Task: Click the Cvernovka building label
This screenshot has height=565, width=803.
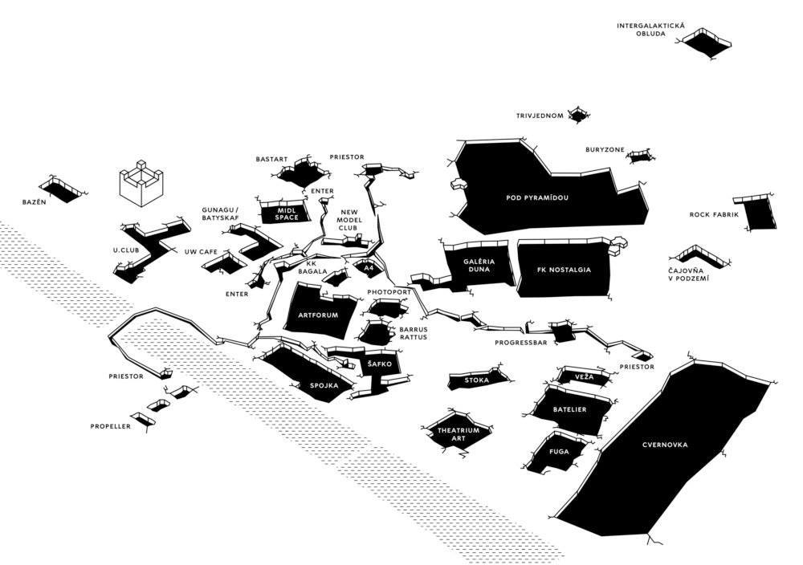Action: coord(665,445)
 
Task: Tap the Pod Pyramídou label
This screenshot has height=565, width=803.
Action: coord(542,197)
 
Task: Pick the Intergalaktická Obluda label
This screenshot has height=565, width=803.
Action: coord(650,30)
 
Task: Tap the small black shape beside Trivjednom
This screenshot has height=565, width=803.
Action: coord(578,116)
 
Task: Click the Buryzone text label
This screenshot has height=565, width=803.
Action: coord(604,150)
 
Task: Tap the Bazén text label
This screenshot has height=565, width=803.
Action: coord(35,201)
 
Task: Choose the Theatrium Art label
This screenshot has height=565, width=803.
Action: coord(458,434)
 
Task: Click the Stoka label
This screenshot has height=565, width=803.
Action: coord(477,380)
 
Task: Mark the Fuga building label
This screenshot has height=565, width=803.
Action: coord(559,452)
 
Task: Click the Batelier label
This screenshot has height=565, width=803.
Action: coord(569,410)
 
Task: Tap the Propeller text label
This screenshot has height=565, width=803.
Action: coord(111,426)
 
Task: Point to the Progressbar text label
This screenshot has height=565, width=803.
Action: coord(520,343)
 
